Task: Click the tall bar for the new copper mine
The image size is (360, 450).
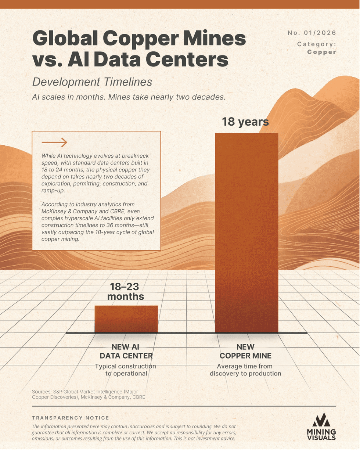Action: (246, 232)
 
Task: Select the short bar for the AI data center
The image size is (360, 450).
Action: (126, 319)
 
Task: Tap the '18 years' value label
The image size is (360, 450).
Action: (245, 122)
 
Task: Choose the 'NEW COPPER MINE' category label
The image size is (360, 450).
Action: (245, 351)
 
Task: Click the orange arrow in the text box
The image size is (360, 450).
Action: (54, 142)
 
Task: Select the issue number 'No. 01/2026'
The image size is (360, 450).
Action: (312, 33)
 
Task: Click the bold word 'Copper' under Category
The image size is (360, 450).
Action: (321, 52)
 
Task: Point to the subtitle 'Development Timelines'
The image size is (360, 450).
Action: (92, 82)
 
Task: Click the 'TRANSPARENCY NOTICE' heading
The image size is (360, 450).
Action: (71, 418)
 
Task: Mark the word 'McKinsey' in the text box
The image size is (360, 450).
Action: (54, 211)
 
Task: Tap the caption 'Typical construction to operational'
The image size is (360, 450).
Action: (126, 370)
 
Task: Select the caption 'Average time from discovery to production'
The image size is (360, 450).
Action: (245, 370)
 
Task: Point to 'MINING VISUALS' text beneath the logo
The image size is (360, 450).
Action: (321, 435)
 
